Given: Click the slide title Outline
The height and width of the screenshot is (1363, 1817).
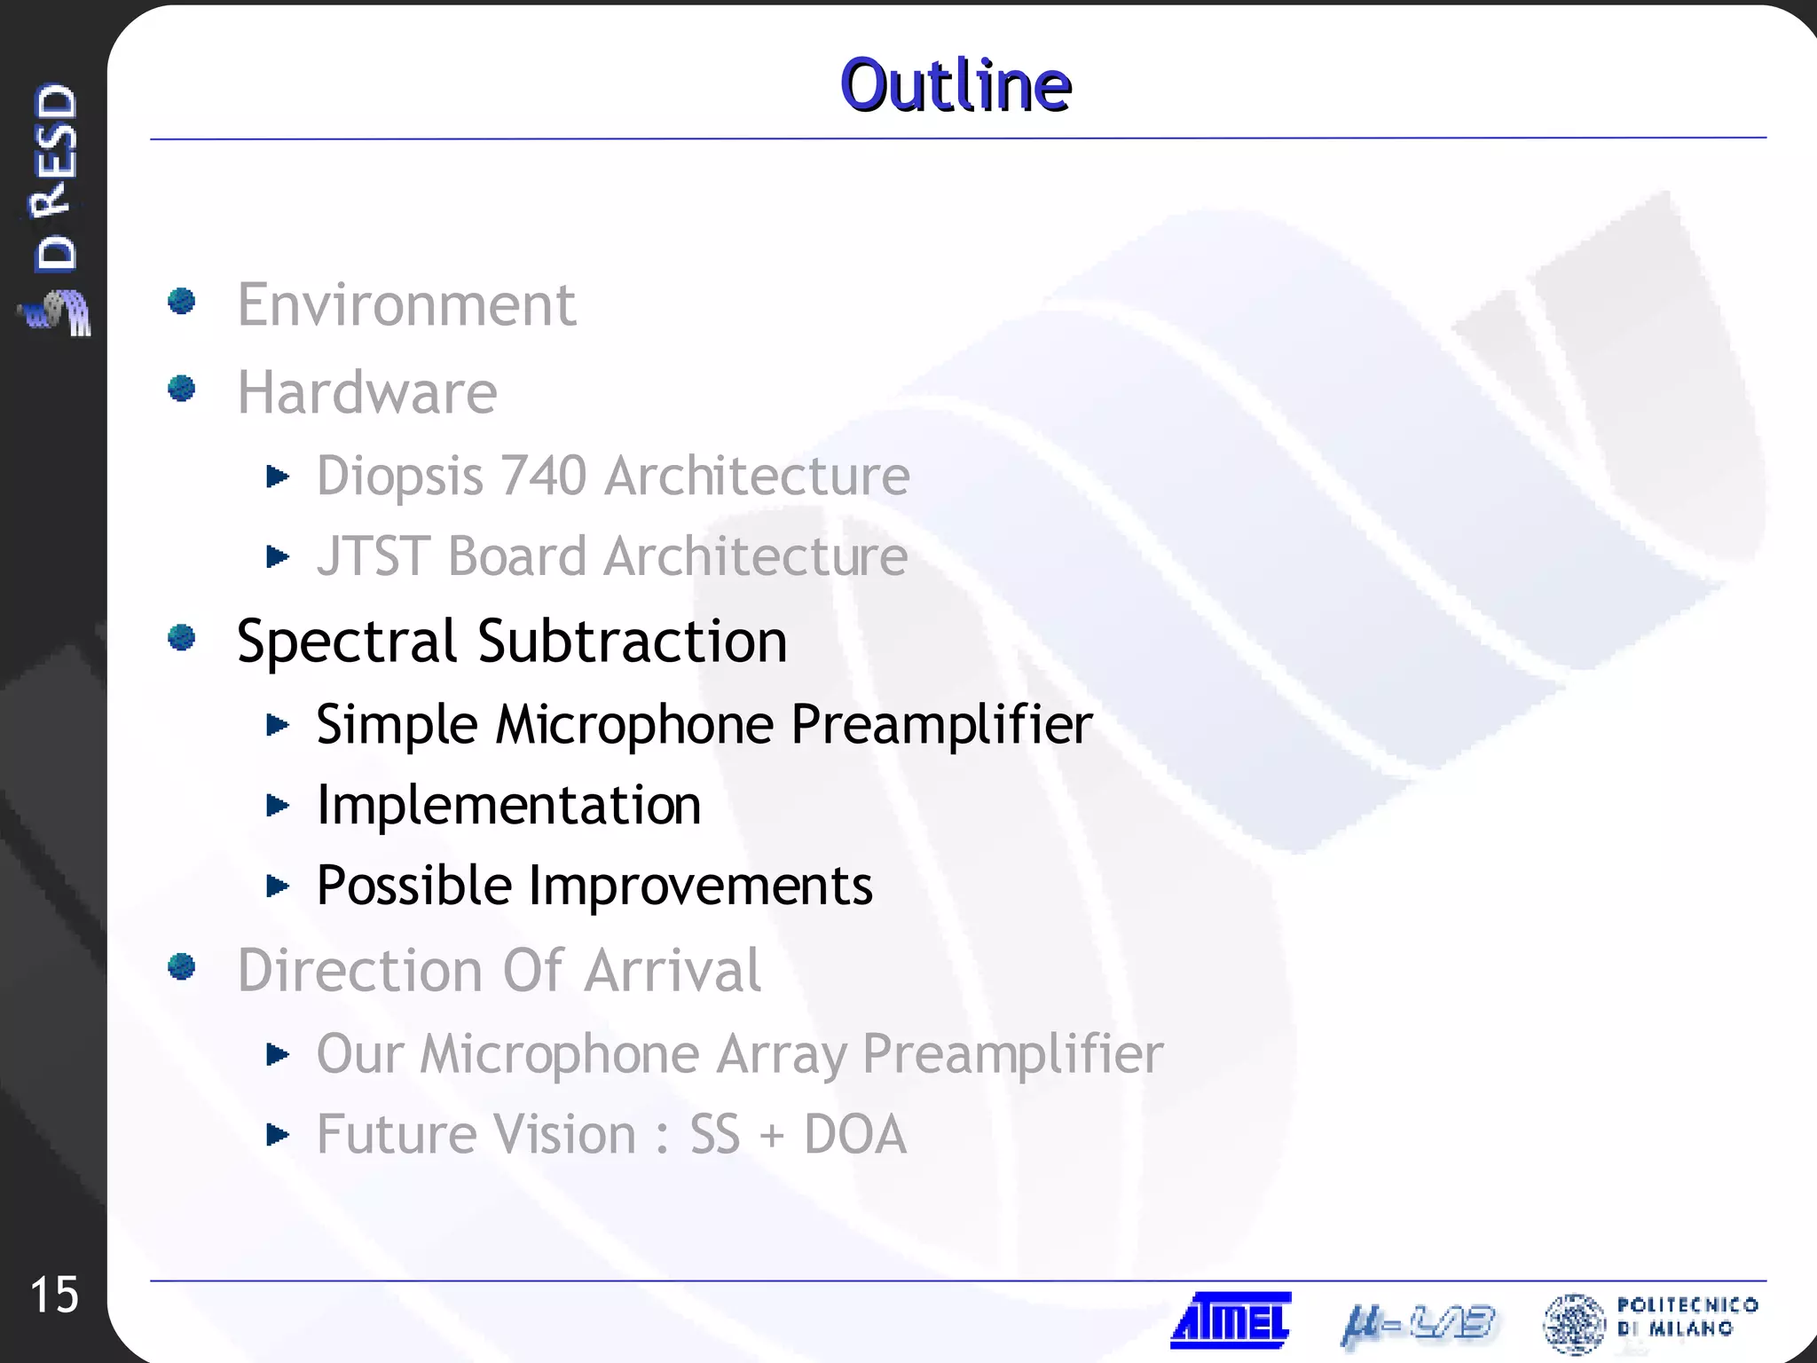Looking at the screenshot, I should pos(956,85).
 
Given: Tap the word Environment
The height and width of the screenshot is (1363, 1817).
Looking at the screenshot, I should pos(406,305).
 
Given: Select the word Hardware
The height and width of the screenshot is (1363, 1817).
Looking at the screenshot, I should pos(366,392).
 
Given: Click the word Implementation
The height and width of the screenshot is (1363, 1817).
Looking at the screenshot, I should pos(508,806).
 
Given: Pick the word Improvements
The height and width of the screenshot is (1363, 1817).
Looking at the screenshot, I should pos(700,886).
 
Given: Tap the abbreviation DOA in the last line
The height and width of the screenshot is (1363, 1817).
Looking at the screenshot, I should pos(854,1135).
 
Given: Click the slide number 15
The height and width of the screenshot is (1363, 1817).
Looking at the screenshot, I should pos(54,1295).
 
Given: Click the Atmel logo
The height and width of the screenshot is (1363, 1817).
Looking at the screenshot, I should pos(1231,1320).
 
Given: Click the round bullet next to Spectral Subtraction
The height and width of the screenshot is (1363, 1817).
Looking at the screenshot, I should pos(182,637).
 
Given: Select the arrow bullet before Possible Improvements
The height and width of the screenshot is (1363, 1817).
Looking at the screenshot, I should pos(278,886).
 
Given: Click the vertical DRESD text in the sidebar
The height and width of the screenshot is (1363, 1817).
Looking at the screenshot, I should pos(55,177).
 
